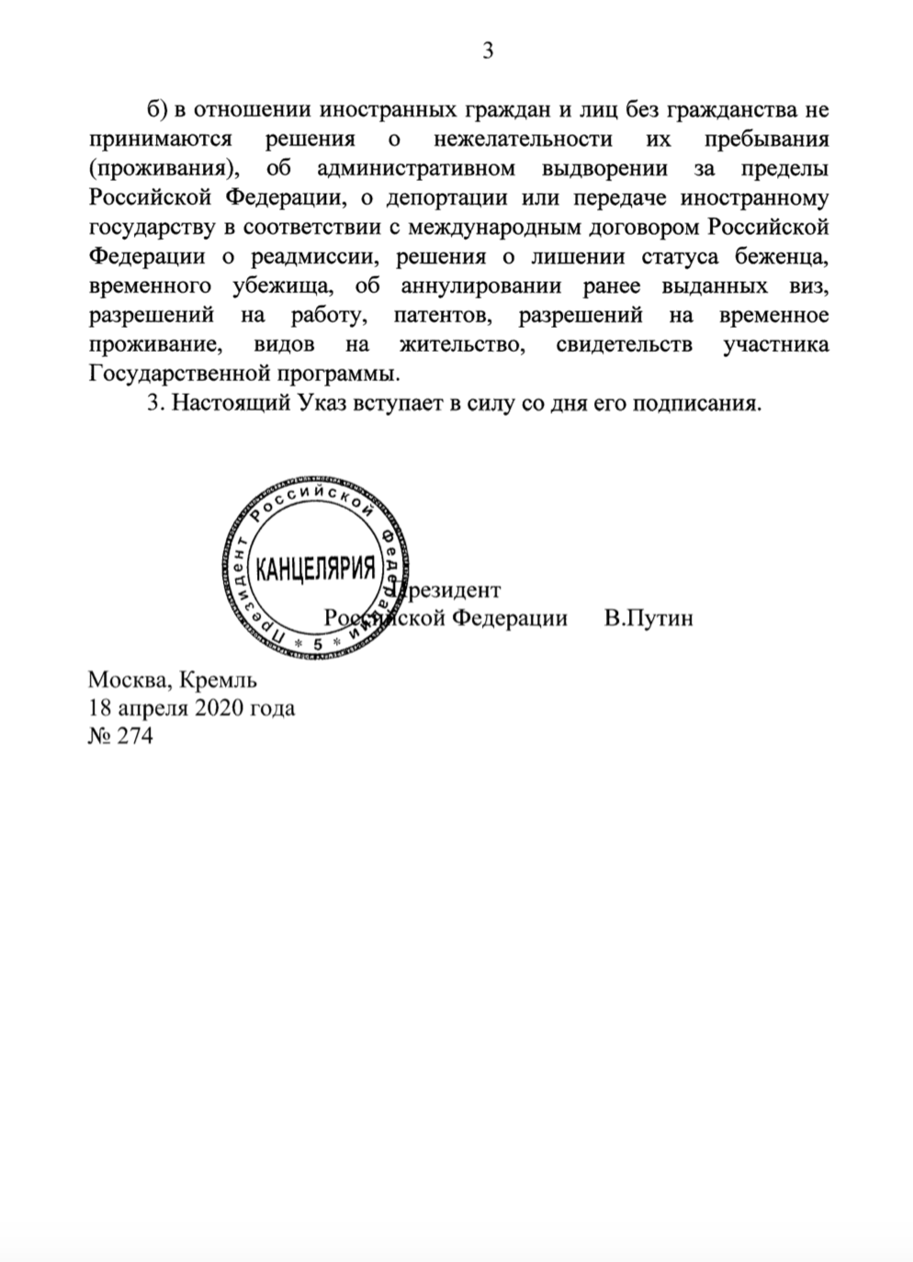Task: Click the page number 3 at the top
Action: point(488,51)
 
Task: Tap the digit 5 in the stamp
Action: point(317,644)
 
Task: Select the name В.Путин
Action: point(648,617)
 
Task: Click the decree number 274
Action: point(135,736)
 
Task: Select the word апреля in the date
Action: point(152,709)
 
